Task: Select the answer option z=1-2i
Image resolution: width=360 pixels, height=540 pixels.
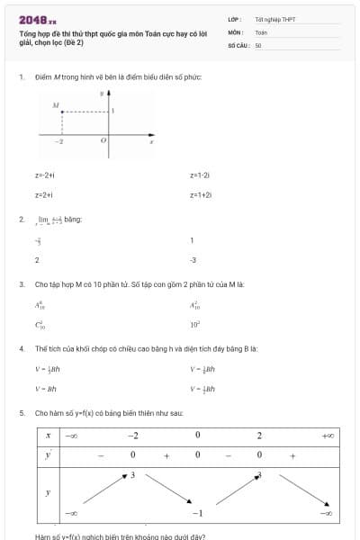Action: (x=200, y=175)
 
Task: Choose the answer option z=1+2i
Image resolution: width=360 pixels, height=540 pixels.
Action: (x=200, y=194)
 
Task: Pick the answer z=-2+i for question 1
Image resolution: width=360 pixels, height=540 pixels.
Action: (x=45, y=175)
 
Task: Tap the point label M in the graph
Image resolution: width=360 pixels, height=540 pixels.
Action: (x=55, y=105)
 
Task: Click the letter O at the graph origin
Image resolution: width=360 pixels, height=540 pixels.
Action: (x=103, y=141)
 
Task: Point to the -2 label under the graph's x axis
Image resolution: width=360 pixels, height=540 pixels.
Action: (x=59, y=142)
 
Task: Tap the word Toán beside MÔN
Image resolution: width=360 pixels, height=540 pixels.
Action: (x=261, y=31)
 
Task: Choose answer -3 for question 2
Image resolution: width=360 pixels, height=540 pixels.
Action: (x=193, y=260)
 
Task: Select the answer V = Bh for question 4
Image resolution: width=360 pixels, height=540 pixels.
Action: (x=45, y=389)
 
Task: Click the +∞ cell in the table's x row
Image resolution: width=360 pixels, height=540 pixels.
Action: (x=328, y=436)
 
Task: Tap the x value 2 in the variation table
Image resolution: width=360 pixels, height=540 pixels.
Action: (x=259, y=436)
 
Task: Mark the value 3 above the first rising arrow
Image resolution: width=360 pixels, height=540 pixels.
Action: (x=132, y=473)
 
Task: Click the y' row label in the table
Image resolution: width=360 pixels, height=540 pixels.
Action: (x=48, y=454)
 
